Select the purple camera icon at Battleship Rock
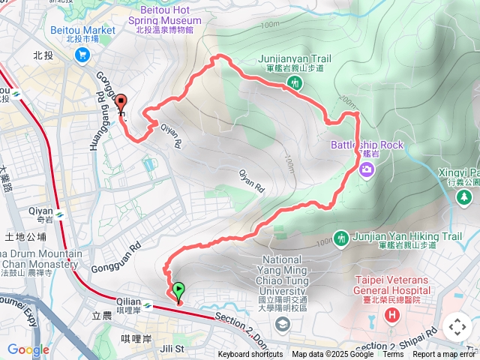366,168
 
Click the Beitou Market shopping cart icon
82,54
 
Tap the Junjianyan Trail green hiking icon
297,82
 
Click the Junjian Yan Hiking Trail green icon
342,238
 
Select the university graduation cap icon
282,324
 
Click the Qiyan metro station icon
58,215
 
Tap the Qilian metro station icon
148,307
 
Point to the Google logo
28,349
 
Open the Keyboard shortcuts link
250,355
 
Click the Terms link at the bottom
393,355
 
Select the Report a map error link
444,355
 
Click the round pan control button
457,327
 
